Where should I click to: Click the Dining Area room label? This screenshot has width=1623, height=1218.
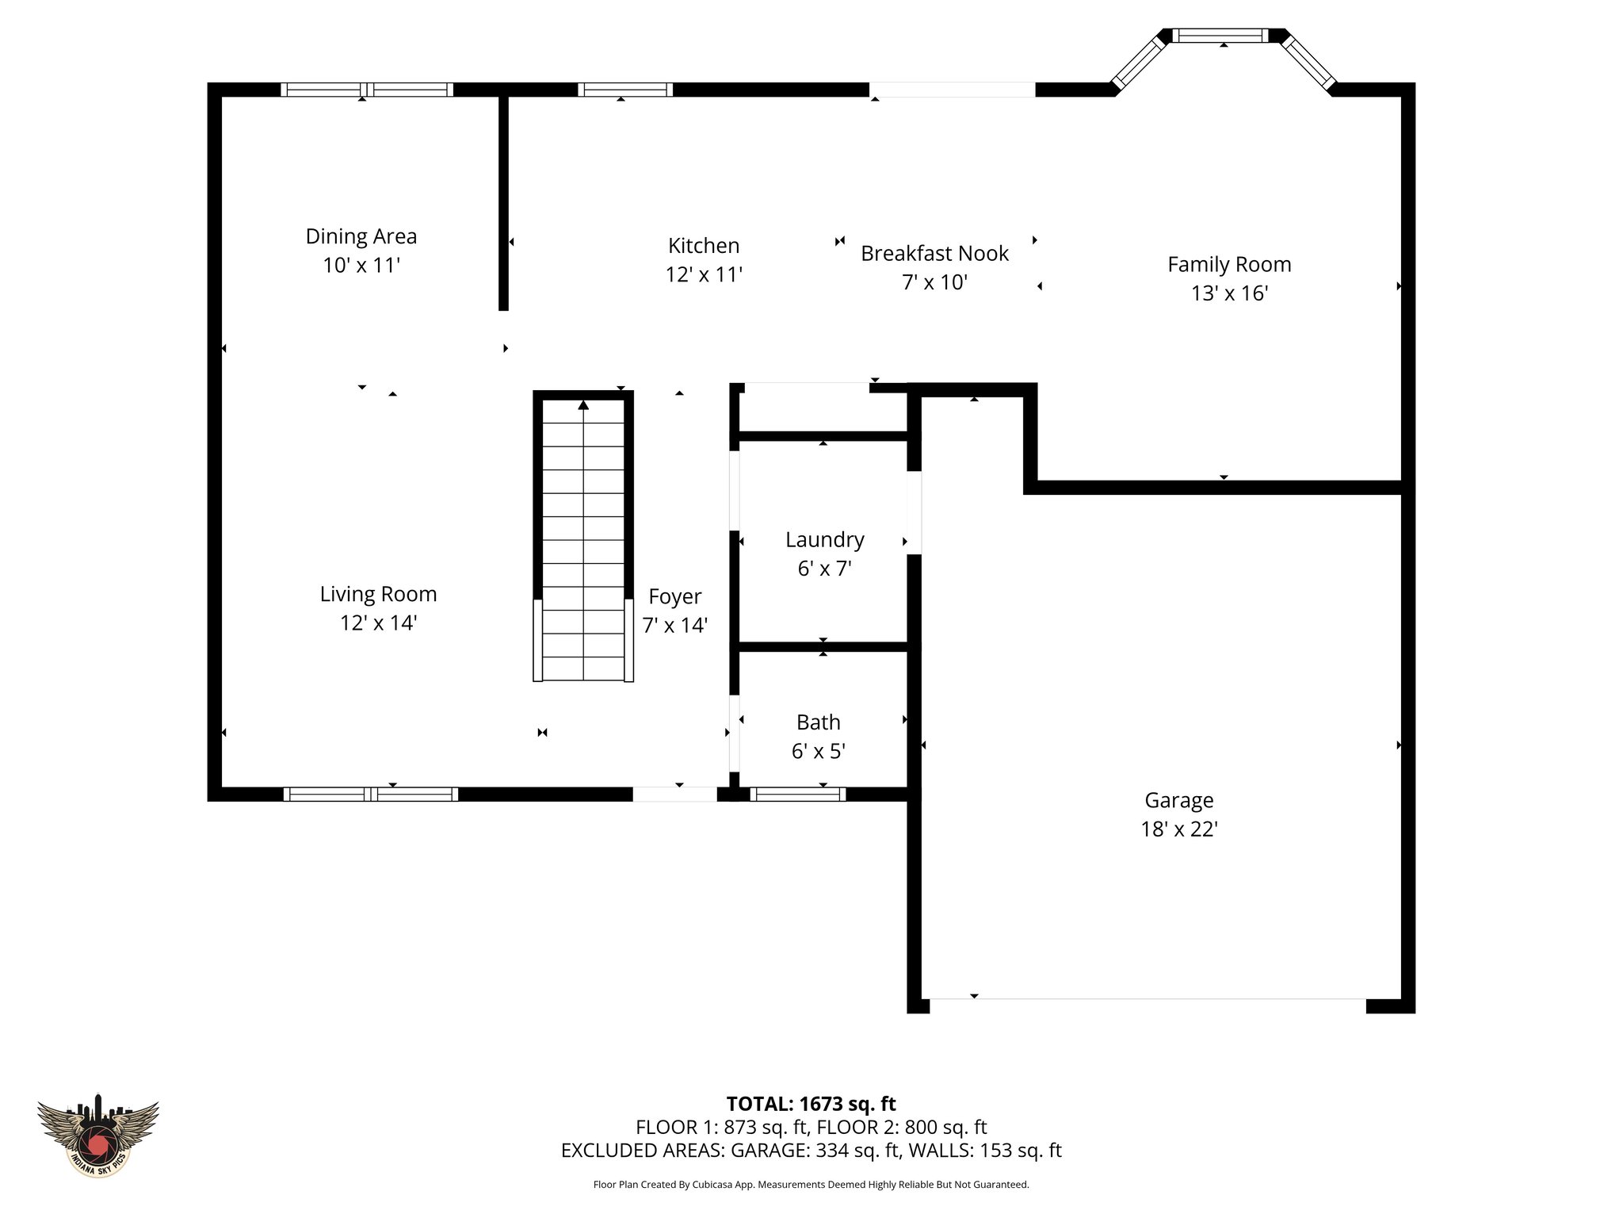pos(361,236)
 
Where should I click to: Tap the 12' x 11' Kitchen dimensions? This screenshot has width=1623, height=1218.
pos(704,274)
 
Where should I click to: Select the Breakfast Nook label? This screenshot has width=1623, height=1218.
pos(934,254)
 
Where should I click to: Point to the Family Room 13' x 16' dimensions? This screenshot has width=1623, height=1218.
pos(1229,293)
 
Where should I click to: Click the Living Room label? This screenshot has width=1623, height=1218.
pos(378,594)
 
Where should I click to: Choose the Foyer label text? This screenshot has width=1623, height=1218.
pos(674,596)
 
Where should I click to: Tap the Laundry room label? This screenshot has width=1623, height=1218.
pos(824,540)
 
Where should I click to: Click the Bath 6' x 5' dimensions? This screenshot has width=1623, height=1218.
pos(818,751)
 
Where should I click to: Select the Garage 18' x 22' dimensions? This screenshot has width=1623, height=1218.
pos(1178,829)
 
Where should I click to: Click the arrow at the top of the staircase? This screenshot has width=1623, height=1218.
pos(583,405)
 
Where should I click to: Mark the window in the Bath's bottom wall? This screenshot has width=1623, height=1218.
pos(797,794)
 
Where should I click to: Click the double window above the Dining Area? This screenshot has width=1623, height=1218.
pos(367,90)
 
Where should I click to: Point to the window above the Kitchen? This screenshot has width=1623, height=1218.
pos(625,90)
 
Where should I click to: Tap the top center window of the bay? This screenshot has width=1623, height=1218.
pos(1220,36)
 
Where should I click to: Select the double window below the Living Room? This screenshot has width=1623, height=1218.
pos(370,794)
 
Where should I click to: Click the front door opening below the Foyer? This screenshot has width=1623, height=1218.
pos(674,794)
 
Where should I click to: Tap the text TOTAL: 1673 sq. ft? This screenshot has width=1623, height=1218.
pos(811,1104)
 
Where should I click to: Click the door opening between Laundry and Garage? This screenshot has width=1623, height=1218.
pos(914,512)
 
